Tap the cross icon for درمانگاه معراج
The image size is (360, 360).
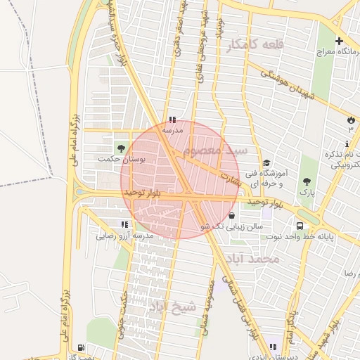click(x=340, y=41)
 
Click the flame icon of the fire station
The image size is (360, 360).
click(x=351, y=120)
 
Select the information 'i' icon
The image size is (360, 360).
click(x=348, y=143)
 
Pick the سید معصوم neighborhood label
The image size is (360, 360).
click(x=214, y=151)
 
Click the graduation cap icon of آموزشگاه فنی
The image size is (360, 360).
click(x=266, y=163)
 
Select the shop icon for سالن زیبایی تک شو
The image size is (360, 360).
click(x=232, y=216)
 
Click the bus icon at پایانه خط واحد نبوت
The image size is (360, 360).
click(x=300, y=226)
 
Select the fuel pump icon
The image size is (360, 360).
click(x=82, y=347)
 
